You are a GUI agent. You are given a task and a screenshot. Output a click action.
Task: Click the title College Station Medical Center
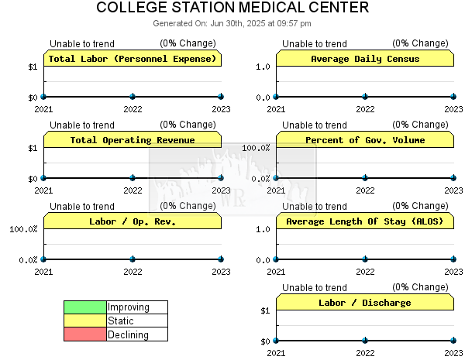232,7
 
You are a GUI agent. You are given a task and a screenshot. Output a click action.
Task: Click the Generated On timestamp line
232,23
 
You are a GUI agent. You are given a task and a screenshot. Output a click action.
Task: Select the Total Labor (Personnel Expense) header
133,59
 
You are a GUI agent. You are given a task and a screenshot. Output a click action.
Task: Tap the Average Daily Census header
365,59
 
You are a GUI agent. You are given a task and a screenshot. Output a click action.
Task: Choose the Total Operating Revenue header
133,140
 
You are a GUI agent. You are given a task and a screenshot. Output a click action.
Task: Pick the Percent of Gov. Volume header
365,140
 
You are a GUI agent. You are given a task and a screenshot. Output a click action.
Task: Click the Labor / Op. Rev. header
133,221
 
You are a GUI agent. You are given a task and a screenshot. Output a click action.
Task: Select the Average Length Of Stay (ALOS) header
365,221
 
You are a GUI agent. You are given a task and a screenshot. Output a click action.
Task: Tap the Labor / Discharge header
365,303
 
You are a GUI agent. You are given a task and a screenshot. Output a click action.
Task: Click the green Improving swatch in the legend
85,307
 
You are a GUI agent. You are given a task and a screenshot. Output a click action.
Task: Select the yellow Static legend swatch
85,321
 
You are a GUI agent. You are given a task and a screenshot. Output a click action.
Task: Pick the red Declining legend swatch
85,334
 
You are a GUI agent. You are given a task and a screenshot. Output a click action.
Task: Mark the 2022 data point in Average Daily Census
365,96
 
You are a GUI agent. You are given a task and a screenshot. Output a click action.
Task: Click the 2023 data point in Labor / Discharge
453,341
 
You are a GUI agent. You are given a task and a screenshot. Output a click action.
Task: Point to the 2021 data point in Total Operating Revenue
43,178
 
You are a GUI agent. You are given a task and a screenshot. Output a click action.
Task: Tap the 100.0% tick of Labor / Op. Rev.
23,229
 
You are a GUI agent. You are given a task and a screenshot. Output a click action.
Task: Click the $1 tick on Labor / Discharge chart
265,310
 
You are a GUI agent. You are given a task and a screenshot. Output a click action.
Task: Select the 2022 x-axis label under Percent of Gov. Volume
365,190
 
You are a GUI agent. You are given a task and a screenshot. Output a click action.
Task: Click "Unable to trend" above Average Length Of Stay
315,206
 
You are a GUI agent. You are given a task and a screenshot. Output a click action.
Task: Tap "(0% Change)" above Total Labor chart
188,43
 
